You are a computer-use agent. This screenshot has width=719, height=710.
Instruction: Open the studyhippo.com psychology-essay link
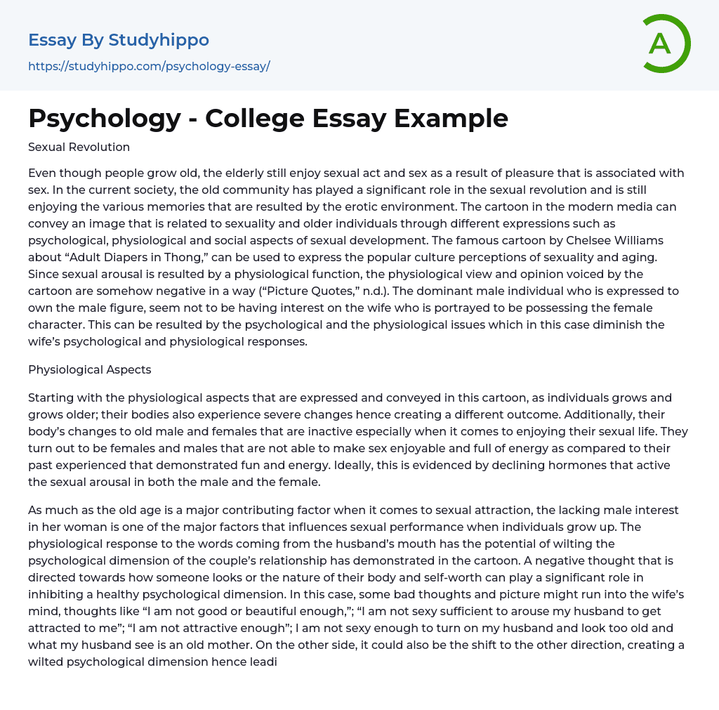[x=149, y=67]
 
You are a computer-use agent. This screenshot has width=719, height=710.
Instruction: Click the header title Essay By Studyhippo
[x=119, y=40]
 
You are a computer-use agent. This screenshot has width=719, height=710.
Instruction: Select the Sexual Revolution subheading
[x=79, y=147]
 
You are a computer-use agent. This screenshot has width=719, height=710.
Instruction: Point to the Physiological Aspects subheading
[x=89, y=369]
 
